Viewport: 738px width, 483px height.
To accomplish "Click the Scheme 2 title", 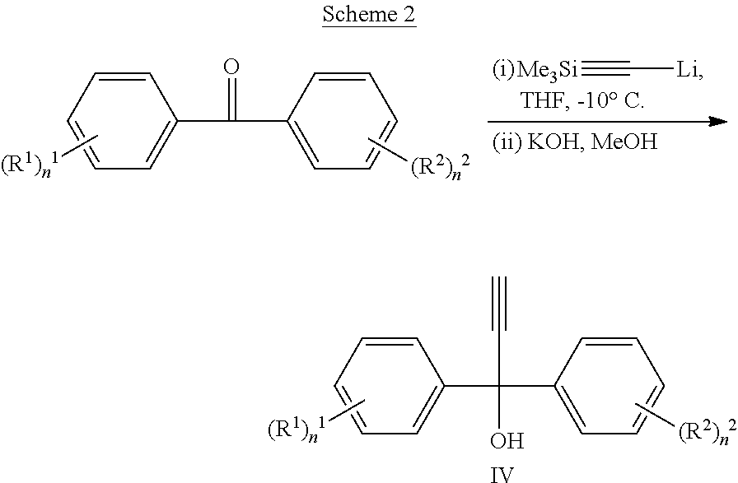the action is (369, 14).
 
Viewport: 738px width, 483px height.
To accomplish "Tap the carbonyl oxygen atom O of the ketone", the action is (231, 67).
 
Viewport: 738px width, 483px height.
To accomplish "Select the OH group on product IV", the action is (507, 441).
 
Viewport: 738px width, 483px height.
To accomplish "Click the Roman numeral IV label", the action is (502, 474).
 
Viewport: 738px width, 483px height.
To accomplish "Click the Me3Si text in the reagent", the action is (548, 70).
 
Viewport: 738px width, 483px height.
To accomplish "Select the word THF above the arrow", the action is (542, 100).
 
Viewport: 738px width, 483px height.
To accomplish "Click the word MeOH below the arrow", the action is (624, 142).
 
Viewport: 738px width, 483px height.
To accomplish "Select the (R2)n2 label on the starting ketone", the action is (440, 166).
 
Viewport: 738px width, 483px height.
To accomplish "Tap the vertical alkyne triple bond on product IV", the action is (499, 303).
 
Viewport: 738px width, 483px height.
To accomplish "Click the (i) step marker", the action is (503, 70).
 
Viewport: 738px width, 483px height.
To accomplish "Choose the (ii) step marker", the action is (507, 142).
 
